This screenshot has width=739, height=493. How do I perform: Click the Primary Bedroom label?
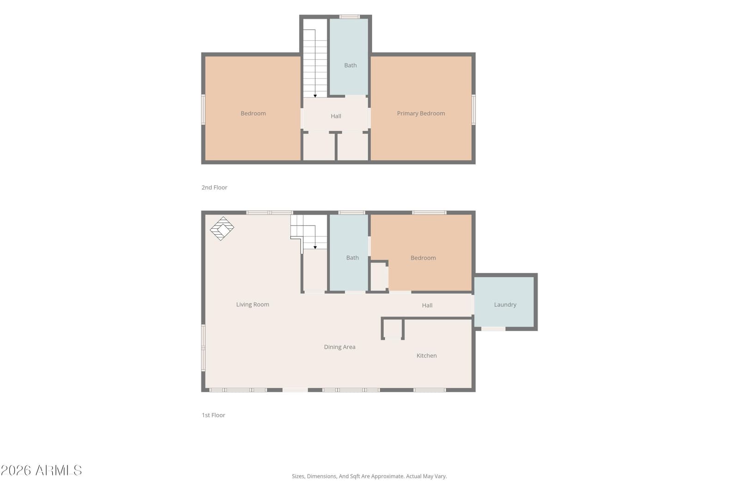click(421, 114)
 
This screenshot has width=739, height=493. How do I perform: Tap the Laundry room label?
click(505, 304)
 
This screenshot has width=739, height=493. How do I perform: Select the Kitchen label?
click(427, 355)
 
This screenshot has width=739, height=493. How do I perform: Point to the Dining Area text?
click(339, 347)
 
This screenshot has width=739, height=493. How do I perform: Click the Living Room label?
click(253, 304)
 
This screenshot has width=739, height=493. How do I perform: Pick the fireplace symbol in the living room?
click(222, 228)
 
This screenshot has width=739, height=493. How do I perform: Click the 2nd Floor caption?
click(214, 188)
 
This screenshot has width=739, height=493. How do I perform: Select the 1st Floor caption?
click(213, 415)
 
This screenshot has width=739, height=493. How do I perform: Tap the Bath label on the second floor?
click(351, 65)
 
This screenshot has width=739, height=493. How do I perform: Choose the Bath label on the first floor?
click(352, 258)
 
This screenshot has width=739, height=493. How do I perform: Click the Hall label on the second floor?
click(336, 116)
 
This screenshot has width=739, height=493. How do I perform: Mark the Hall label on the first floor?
click(427, 305)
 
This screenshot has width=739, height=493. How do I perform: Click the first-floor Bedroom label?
click(423, 258)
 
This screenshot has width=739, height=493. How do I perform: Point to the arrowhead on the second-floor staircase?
click(315, 96)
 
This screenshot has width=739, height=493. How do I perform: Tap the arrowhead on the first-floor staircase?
click(315, 248)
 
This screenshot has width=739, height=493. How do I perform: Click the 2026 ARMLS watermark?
click(41, 470)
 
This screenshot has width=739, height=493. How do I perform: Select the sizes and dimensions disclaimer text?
click(369, 476)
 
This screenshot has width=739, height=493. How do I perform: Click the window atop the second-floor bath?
click(350, 17)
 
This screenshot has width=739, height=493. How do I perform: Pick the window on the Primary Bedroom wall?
click(473, 110)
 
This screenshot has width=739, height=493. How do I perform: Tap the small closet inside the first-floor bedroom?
click(379, 276)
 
